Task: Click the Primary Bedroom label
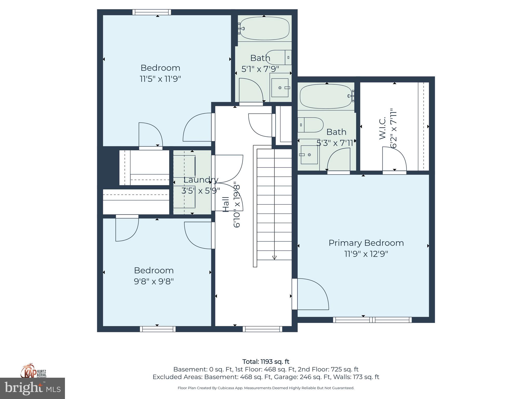point(366,243)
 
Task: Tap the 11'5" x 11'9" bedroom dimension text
point(160,79)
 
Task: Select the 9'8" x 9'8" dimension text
point(154,281)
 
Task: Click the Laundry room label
point(201,180)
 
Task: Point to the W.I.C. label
point(382,128)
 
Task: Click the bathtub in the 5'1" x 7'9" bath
point(264,28)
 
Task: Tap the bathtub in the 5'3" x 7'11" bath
point(326,97)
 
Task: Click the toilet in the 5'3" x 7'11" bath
point(311,125)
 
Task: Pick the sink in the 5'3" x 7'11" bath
point(309,155)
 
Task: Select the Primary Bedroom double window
point(372,320)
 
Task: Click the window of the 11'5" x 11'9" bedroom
point(152,12)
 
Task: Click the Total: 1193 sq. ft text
point(266,362)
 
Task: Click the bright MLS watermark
point(32,388)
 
